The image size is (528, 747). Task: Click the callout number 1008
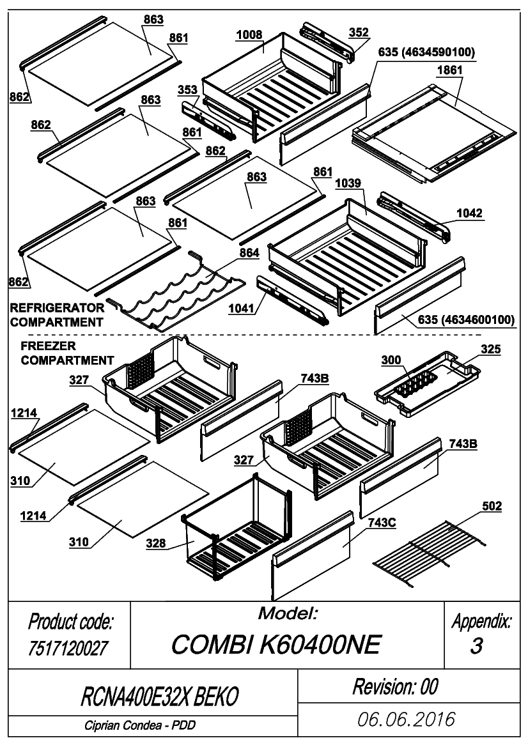pos(249,35)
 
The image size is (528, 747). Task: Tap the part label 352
pos(359,33)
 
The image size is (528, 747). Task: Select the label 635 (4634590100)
pos(426,52)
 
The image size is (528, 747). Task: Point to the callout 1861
pos(450,70)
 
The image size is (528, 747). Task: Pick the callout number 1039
pos(348,183)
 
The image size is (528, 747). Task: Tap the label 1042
pos(469,213)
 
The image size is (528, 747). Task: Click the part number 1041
pos(241,308)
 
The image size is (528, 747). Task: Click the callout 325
pos(491,349)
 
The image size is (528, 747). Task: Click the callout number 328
pos(156,543)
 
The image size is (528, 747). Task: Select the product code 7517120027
pos(68,649)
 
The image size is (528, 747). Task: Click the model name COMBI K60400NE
pos(276,645)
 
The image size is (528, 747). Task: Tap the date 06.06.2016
pos(407,720)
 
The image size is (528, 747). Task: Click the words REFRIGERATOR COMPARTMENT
pos(57,315)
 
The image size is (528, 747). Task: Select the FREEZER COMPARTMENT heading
pos(67,353)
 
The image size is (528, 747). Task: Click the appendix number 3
pos(476,646)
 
